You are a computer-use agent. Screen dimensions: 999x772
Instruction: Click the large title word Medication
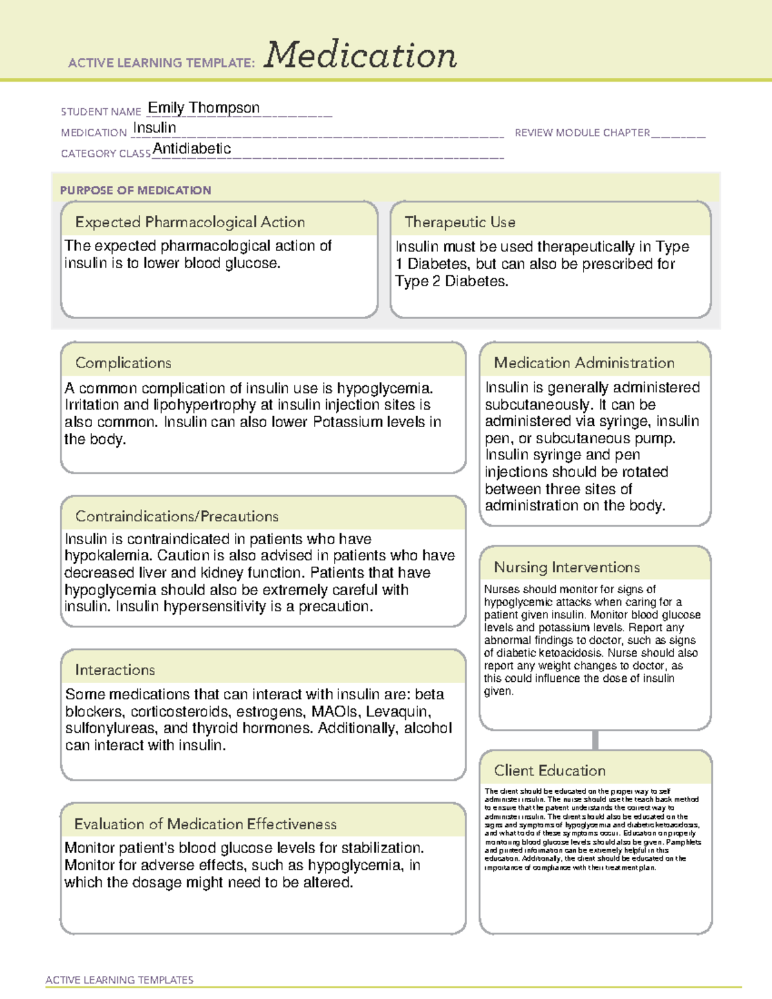[360, 55]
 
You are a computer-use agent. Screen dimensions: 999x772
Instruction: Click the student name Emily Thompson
[204, 107]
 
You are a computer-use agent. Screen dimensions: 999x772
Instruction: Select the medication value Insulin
[154, 128]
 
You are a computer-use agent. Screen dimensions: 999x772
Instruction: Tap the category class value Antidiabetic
[192, 149]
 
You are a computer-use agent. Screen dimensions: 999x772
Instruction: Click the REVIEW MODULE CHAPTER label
[582, 133]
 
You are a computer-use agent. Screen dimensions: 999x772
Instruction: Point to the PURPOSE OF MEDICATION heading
[136, 190]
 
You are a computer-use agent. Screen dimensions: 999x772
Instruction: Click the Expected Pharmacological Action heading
[190, 222]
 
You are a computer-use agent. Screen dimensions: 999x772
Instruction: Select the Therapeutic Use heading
[460, 222]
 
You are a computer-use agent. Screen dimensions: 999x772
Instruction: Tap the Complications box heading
[124, 363]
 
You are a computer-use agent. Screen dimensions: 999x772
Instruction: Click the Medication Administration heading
[584, 363]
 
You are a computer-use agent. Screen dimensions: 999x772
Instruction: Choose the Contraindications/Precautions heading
[177, 516]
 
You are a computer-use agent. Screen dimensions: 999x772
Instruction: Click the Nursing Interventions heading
[567, 567]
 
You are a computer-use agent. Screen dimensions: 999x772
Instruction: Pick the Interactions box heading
[115, 670]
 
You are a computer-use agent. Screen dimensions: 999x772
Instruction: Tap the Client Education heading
[550, 771]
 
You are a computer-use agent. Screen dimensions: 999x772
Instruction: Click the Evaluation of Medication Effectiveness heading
[205, 824]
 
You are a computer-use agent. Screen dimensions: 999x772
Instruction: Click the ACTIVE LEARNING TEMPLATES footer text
[120, 980]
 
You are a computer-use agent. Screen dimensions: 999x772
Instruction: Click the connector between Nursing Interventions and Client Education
[595, 740]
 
